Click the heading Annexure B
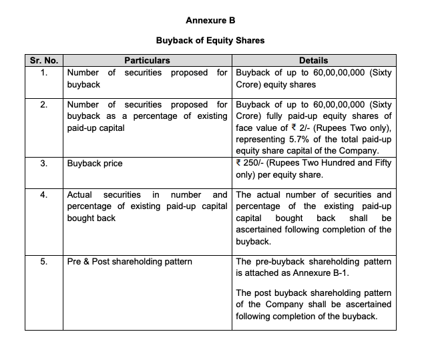point(210,20)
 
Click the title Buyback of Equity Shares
point(210,40)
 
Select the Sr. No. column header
point(44,61)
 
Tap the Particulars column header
point(147,61)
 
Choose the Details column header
point(313,61)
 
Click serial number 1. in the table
point(44,72)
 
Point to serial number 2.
point(44,105)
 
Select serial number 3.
point(44,162)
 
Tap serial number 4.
point(44,195)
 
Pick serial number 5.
point(44,261)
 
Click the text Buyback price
point(95,162)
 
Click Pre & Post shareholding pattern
point(130,261)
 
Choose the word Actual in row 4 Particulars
point(79,195)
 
